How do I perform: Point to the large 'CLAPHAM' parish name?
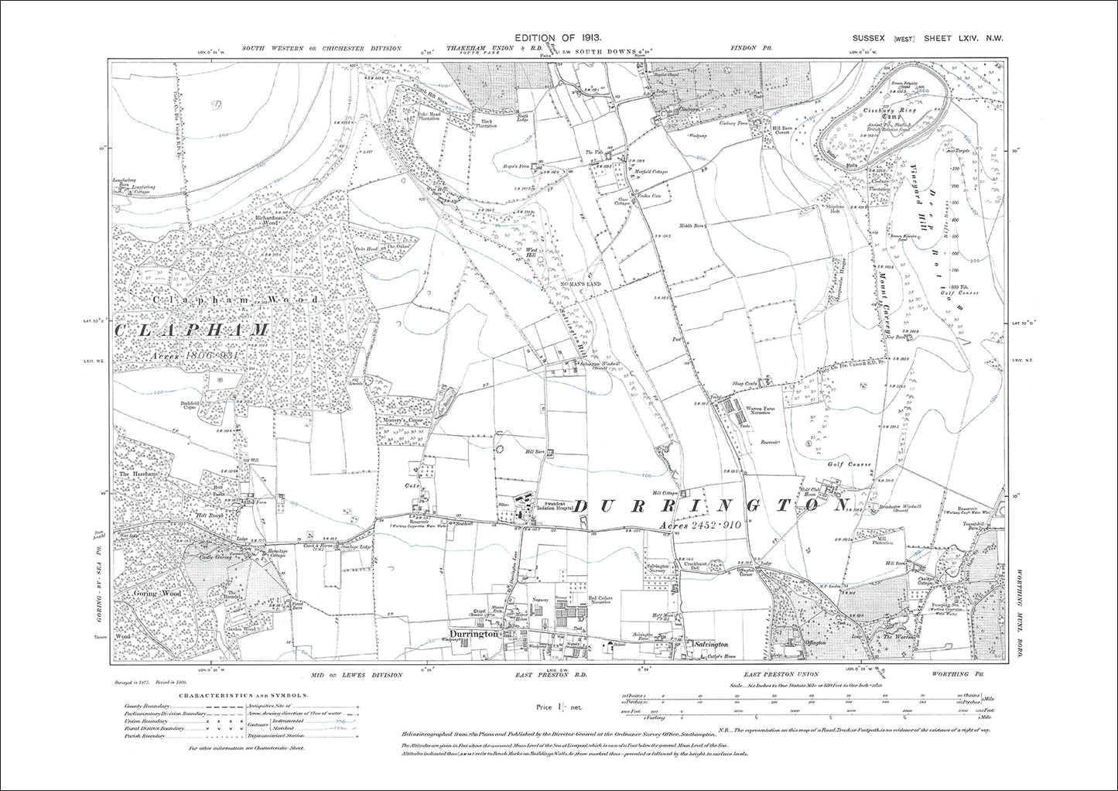coord(193,330)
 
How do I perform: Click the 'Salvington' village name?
coord(710,644)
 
